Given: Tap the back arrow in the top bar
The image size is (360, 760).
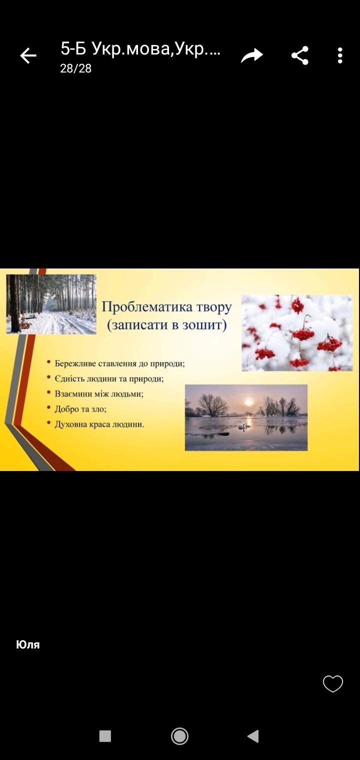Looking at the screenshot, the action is click(x=28, y=55).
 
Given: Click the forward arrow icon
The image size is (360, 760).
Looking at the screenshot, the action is click(x=252, y=55).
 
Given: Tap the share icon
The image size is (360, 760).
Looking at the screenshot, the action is click(x=300, y=55).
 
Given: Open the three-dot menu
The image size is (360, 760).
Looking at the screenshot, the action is click(x=340, y=55).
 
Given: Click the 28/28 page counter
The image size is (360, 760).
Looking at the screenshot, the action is click(x=75, y=68).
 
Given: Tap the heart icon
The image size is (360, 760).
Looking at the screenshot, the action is click(x=333, y=683).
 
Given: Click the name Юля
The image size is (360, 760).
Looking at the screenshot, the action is click(x=28, y=644).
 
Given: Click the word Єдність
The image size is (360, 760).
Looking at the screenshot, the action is click(x=69, y=378).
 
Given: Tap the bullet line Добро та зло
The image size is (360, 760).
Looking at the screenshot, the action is click(x=81, y=409).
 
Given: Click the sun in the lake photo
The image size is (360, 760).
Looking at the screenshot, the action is click(x=249, y=402).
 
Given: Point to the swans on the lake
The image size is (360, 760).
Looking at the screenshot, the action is click(x=244, y=426).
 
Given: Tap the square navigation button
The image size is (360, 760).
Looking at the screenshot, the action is click(x=105, y=736).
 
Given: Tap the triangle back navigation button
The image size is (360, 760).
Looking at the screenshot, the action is click(x=253, y=736).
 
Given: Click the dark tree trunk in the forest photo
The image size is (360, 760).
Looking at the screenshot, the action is click(x=14, y=303).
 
